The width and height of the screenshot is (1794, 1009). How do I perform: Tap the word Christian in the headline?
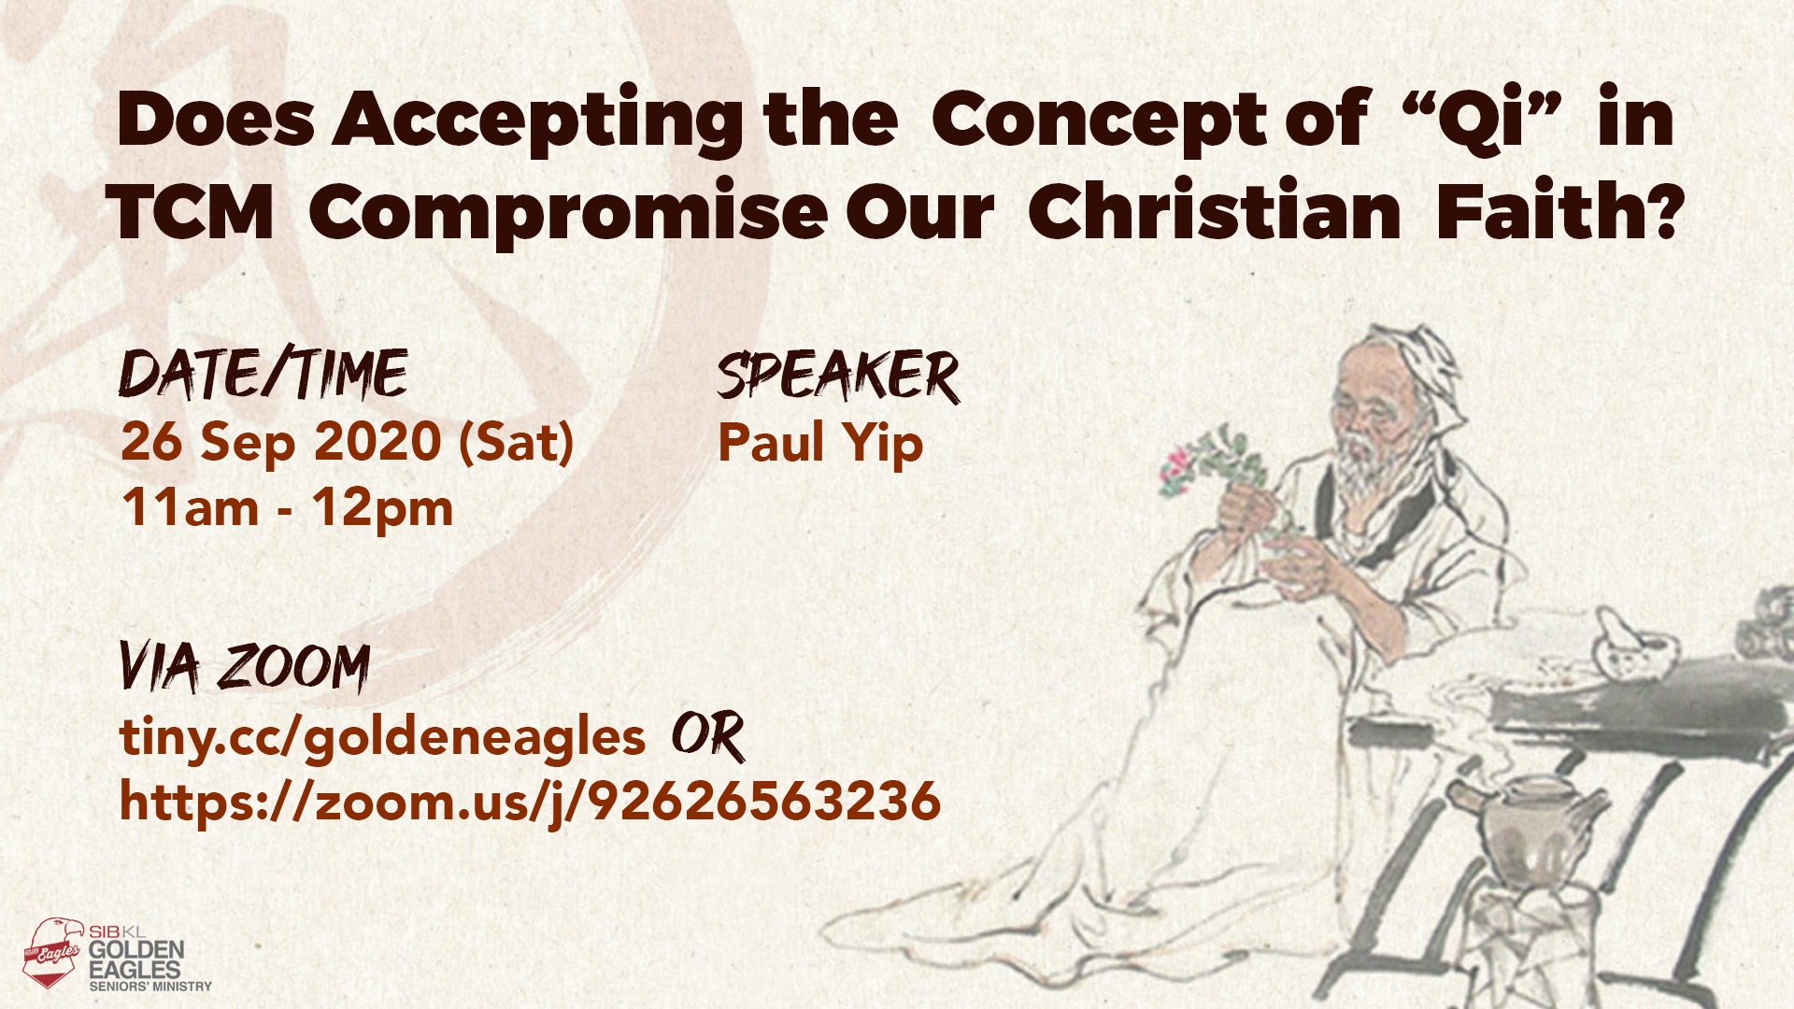click(x=1214, y=211)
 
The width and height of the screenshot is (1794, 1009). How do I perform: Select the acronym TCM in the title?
click(x=191, y=212)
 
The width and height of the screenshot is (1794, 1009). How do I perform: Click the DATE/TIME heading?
click(x=263, y=374)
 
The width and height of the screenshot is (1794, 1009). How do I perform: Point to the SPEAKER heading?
click(x=838, y=376)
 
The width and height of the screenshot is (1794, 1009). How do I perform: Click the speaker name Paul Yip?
click(x=819, y=443)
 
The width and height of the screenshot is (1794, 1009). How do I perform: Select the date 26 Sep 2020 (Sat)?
click(x=347, y=442)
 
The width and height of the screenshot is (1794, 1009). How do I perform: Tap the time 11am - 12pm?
click(x=287, y=508)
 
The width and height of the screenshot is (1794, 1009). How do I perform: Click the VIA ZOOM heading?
click(x=245, y=667)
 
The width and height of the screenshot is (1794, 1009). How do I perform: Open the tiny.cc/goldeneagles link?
click(x=382, y=737)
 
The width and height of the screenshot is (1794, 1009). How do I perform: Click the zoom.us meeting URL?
click(x=530, y=803)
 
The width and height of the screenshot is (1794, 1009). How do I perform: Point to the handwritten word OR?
click(x=708, y=735)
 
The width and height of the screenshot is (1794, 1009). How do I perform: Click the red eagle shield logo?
click(x=53, y=952)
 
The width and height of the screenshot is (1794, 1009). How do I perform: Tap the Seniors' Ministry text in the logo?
click(x=150, y=986)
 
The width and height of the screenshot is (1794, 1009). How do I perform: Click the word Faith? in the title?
click(x=1559, y=211)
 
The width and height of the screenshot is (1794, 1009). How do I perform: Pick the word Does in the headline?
click(x=216, y=119)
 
